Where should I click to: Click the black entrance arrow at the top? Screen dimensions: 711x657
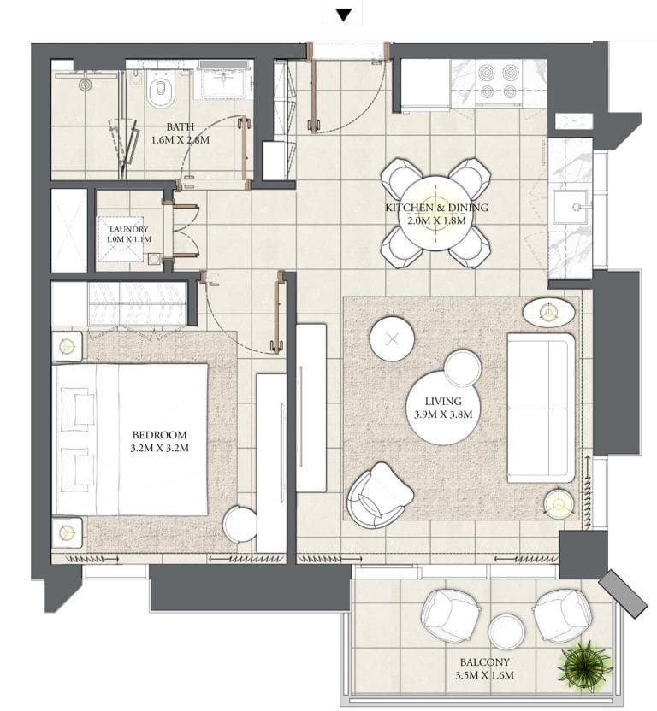pyautogui.click(x=344, y=15)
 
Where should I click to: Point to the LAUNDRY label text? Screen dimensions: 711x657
pyautogui.click(x=129, y=229)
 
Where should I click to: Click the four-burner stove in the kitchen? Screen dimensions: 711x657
pyautogui.click(x=499, y=83)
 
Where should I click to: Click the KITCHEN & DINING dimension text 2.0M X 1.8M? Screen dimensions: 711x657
pyautogui.click(x=436, y=220)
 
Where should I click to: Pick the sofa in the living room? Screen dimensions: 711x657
pyautogui.click(x=541, y=408)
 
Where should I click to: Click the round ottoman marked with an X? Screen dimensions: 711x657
pyautogui.click(x=392, y=338)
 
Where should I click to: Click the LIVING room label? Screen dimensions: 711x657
pyautogui.click(x=443, y=401)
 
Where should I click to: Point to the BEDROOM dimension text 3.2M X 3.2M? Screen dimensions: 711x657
pyautogui.click(x=160, y=448)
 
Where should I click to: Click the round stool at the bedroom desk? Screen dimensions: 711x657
pyautogui.click(x=240, y=523)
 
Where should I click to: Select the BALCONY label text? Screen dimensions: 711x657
pyautogui.click(x=484, y=662)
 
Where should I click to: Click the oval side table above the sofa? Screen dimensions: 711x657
pyautogui.click(x=548, y=312)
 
